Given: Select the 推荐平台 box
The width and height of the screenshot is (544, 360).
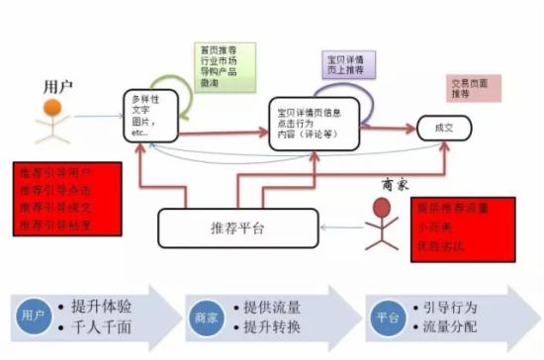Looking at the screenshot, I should click(225, 227).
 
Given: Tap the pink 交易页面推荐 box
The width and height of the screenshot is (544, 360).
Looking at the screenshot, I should click(474, 89).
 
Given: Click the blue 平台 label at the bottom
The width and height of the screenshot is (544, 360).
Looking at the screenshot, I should click(386, 317).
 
